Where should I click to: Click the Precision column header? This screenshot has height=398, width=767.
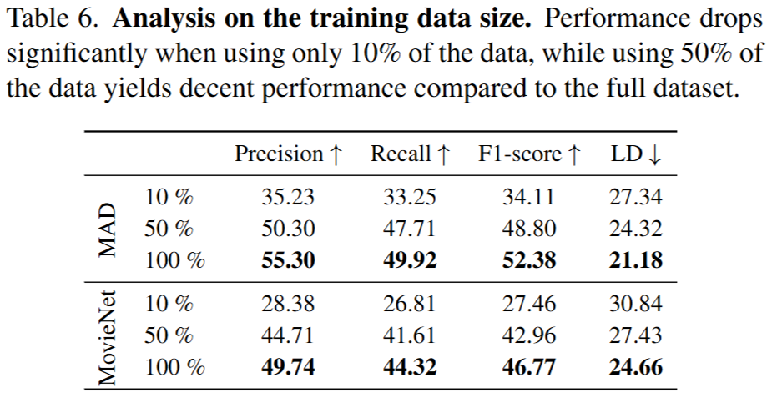288,154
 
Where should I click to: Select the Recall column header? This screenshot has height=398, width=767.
411,154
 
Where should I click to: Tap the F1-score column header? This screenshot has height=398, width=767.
529,154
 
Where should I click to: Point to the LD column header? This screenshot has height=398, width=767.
636,154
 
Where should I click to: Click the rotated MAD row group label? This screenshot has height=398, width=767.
108,229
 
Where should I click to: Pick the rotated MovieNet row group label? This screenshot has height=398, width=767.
108,336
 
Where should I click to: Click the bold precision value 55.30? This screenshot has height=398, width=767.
289,260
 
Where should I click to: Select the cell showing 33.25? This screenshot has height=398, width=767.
410,199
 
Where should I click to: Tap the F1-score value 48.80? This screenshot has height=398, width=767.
529,229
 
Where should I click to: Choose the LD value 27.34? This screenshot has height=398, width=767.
636,199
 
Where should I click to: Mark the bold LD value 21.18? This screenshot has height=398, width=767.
636,260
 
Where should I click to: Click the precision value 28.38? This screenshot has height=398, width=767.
289,305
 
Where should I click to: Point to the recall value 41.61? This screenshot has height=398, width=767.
410,335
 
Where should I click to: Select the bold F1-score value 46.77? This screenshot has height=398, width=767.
529,366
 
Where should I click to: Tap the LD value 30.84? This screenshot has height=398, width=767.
636,305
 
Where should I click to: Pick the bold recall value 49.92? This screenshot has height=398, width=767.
410,260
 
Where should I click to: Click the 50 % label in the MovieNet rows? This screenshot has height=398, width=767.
169,335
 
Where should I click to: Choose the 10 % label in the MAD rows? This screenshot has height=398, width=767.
169,199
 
